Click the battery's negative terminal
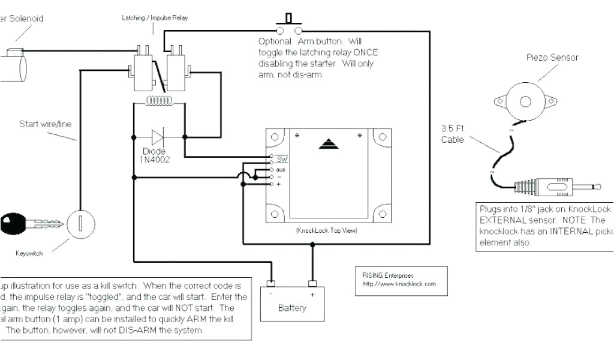pos(271,283)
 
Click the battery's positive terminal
pos(312,283)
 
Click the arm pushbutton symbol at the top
pos(288,24)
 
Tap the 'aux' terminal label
pos(281,170)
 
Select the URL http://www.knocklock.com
pos(399,283)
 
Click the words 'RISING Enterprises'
pos(389,275)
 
